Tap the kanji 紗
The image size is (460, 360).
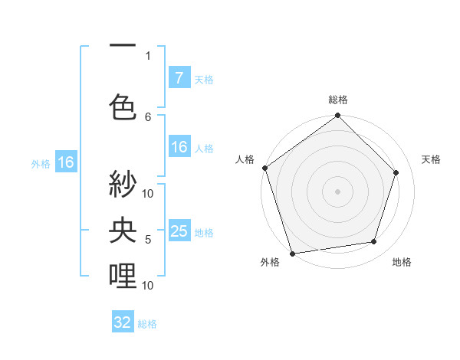[x=123, y=186]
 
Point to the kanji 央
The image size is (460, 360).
[x=123, y=231]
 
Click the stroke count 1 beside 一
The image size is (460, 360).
[x=148, y=56]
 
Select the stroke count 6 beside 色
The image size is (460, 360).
[x=148, y=117]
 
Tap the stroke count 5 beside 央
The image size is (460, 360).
[x=148, y=240]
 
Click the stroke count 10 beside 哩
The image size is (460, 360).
[x=148, y=285]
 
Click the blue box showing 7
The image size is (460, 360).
[x=179, y=77]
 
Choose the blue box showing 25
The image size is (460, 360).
[x=179, y=231]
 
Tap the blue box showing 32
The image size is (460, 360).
[x=123, y=322]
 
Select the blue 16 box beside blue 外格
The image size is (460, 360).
[x=65, y=162]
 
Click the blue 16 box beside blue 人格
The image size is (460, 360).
[x=179, y=147]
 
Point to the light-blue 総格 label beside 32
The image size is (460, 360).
[x=147, y=324]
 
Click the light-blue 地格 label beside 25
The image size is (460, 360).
[x=204, y=233]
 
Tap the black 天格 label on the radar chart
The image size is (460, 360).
[x=432, y=159]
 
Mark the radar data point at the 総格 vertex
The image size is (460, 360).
[x=337, y=116]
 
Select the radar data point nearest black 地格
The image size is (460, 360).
[x=374, y=242]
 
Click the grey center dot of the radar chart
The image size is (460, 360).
[x=337, y=191]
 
